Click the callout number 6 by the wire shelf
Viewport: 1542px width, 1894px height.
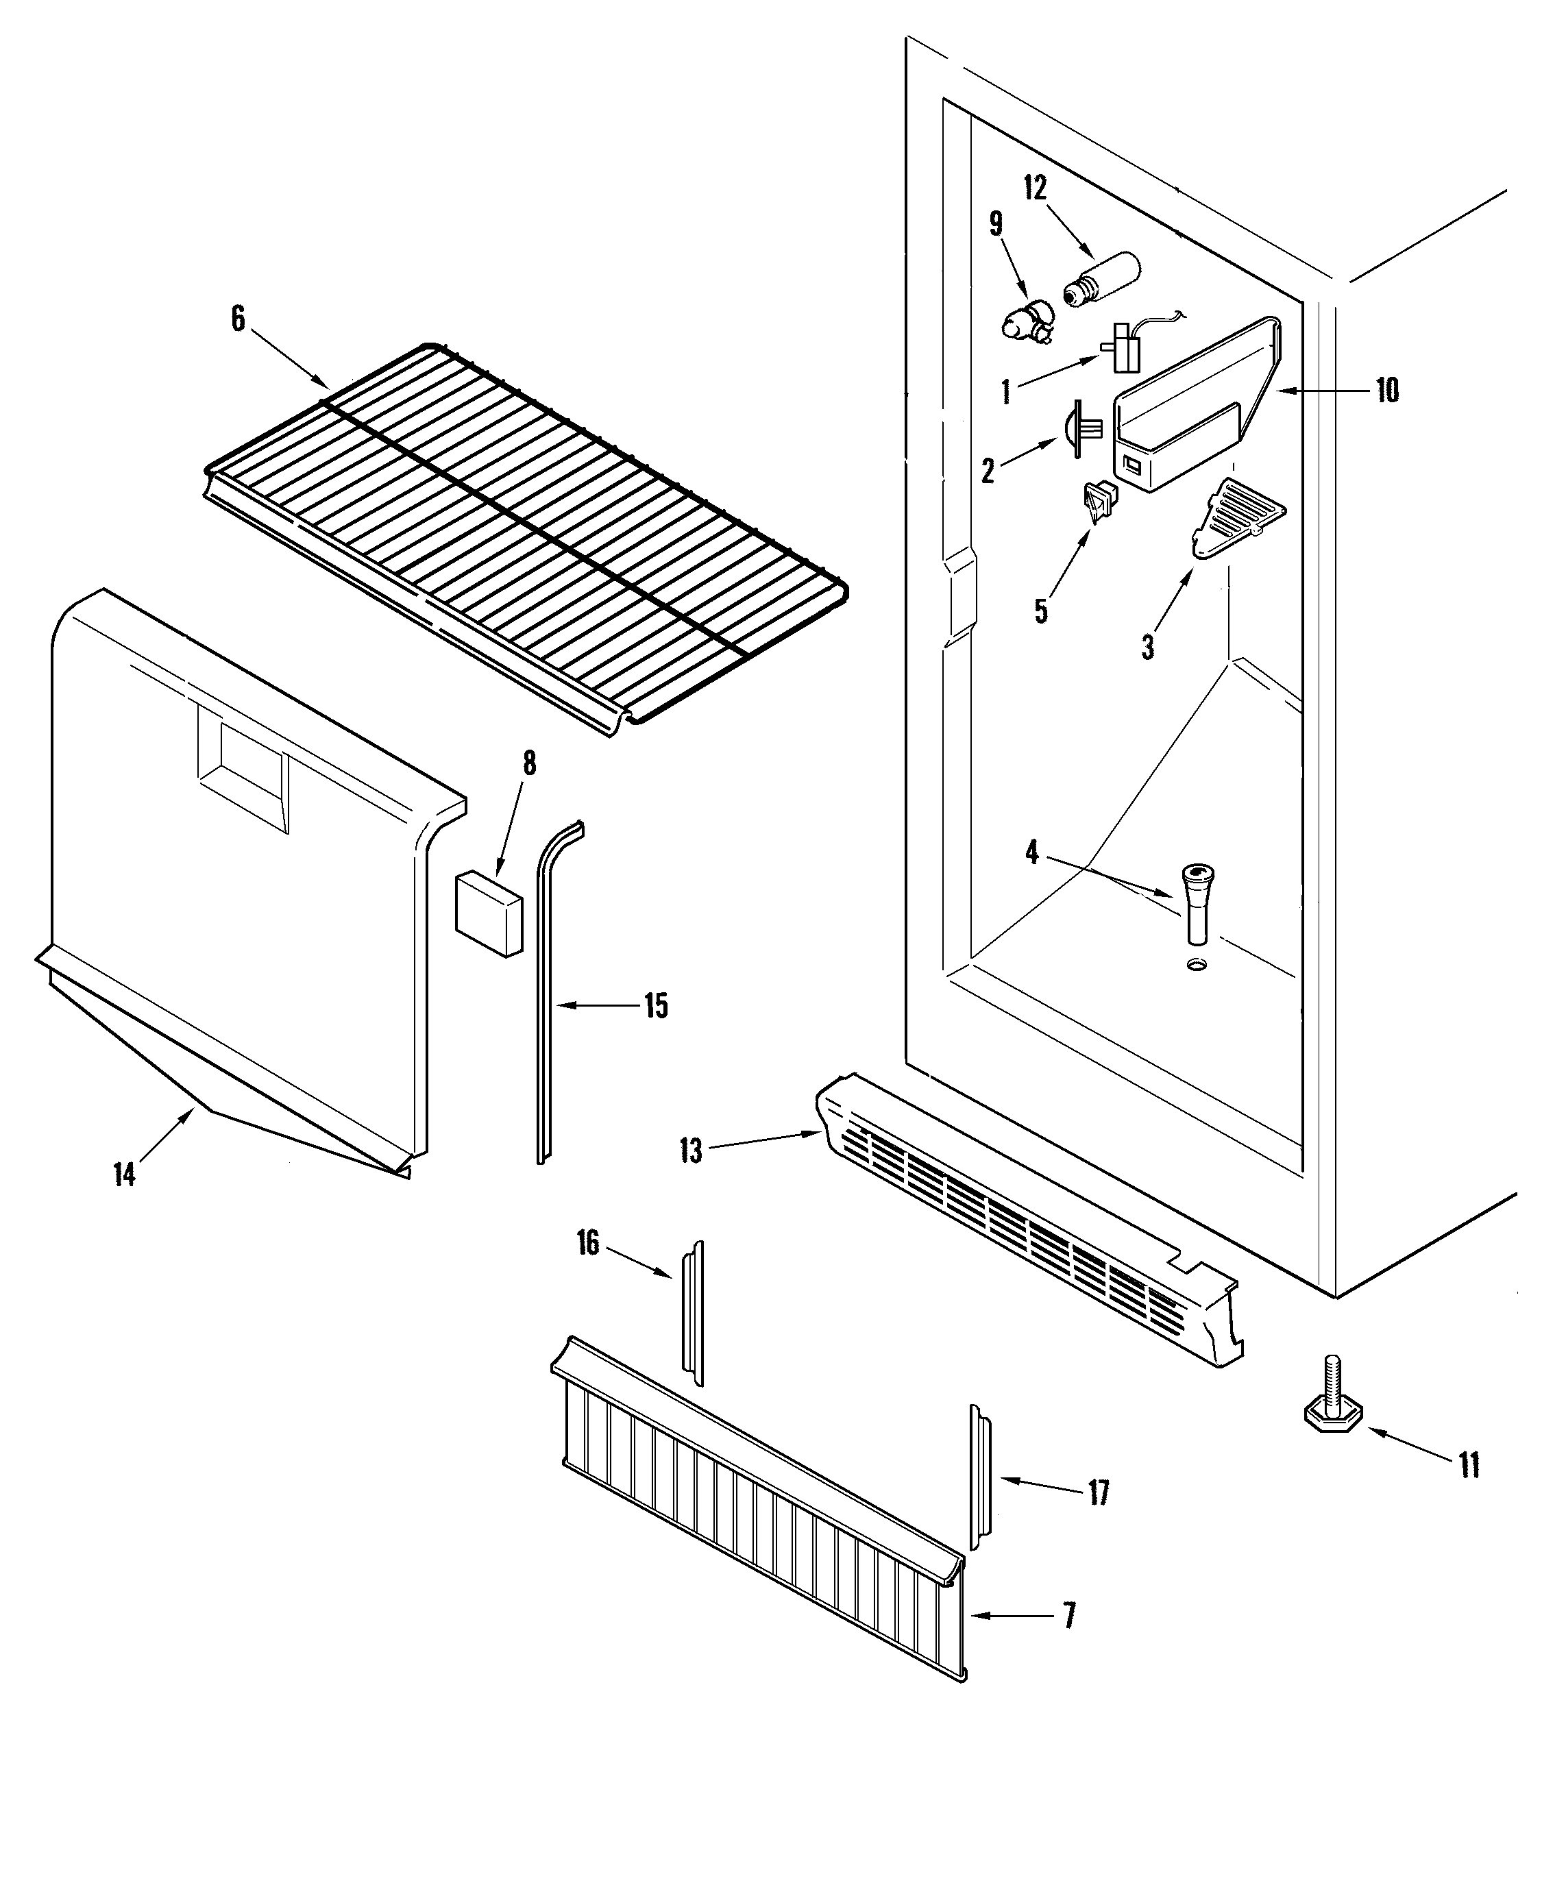[x=238, y=319]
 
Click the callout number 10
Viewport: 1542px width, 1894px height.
[x=1387, y=390]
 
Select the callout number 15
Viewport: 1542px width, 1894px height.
[x=656, y=1006]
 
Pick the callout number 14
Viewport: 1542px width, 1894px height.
[x=124, y=1174]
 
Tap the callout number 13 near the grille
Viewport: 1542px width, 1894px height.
[x=690, y=1151]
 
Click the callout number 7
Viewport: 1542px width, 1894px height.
[x=1069, y=1615]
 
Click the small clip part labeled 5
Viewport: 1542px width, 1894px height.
[x=1100, y=502]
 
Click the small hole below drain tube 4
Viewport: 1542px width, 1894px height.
[x=1197, y=963]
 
